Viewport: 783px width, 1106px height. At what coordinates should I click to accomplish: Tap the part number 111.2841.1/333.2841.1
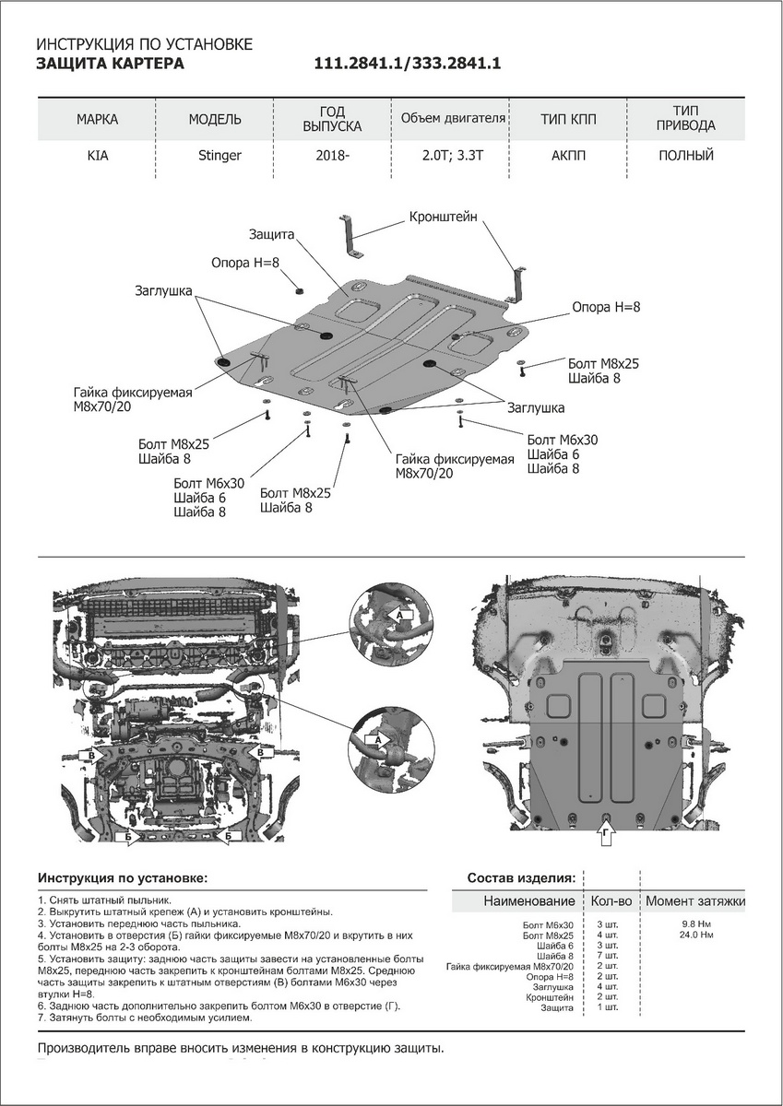(x=407, y=64)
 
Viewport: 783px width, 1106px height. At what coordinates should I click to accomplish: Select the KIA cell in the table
(x=97, y=156)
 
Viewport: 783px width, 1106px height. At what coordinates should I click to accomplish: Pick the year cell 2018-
(x=332, y=156)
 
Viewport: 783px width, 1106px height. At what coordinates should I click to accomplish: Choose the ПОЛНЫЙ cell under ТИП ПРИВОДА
(x=685, y=156)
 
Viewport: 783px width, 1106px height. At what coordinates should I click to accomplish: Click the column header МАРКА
(x=97, y=120)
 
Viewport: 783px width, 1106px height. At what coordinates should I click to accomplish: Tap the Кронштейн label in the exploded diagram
(x=444, y=218)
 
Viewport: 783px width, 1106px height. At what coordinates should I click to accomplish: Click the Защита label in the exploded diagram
(x=271, y=235)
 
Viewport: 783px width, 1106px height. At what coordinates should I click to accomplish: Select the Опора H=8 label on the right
(x=605, y=307)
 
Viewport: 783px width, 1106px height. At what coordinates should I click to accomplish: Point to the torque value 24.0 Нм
(x=694, y=935)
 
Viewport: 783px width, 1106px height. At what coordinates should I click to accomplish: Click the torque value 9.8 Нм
(x=694, y=923)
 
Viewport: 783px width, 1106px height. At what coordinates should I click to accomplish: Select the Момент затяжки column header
(x=694, y=900)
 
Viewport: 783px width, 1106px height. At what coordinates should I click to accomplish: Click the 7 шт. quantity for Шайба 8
(x=606, y=957)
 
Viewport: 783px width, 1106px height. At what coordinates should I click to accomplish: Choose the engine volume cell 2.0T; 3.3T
(x=451, y=156)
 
